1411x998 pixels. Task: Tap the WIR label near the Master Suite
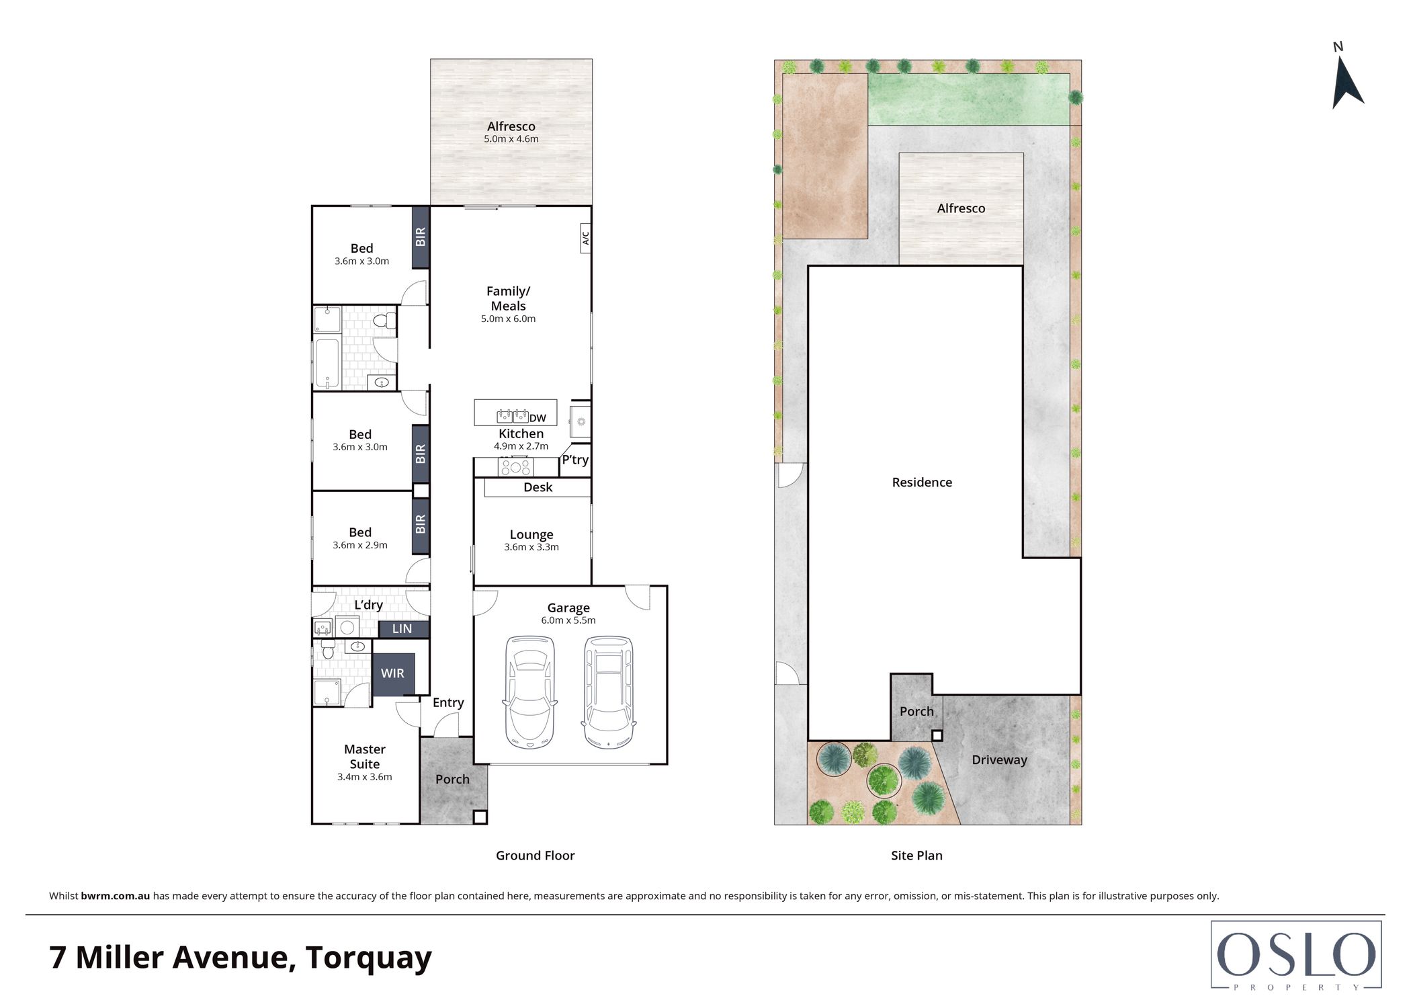(x=392, y=673)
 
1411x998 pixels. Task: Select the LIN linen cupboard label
(x=402, y=628)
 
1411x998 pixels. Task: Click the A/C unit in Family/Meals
(x=585, y=238)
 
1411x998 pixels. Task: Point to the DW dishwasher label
(x=538, y=418)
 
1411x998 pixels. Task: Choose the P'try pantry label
(x=575, y=460)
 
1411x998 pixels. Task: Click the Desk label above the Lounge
(x=538, y=487)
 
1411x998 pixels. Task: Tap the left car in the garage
(x=529, y=692)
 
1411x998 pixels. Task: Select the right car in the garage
(x=609, y=692)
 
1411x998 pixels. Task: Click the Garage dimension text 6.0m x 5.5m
(x=568, y=620)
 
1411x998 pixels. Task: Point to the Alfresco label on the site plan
(x=961, y=208)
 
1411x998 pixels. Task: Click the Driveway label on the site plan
(x=999, y=760)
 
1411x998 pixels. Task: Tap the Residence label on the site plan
(x=922, y=482)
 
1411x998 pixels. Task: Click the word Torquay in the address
(x=368, y=958)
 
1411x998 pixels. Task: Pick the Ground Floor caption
(x=536, y=856)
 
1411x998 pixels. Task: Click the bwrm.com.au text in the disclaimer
(x=115, y=896)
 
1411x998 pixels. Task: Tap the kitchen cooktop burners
(x=515, y=466)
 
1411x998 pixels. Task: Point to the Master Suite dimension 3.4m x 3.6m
(x=365, y=777)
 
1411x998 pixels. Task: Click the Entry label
(x=448, y=703)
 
